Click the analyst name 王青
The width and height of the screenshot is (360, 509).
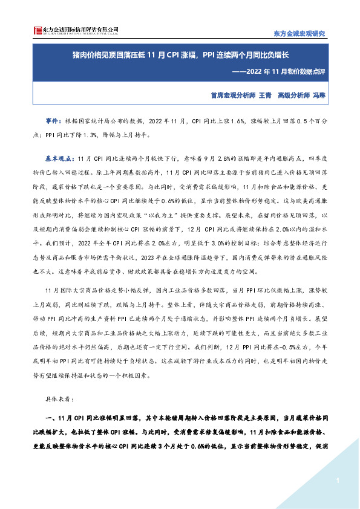264,95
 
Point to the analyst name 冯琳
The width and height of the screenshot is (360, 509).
319,95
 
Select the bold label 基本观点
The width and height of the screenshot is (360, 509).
57,157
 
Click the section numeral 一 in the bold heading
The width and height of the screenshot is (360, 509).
48,418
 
